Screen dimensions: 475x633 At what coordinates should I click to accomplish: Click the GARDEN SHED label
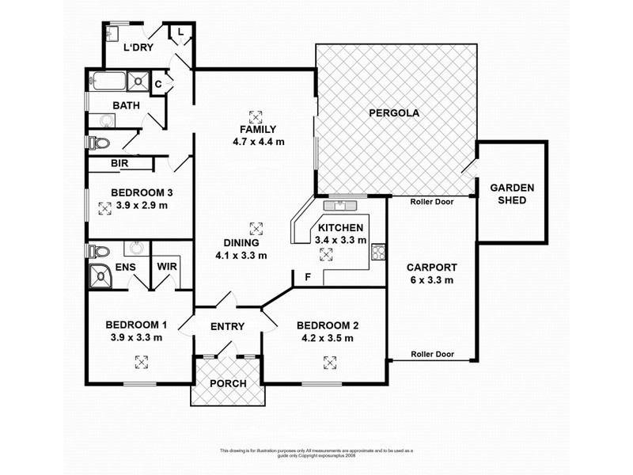[x=512, y=194]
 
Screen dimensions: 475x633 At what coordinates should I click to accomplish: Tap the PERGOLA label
[x=394, y=113]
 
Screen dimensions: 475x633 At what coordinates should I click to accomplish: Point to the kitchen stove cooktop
[x=378, y=254]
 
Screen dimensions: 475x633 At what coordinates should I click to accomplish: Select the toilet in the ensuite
[x=98, y=252]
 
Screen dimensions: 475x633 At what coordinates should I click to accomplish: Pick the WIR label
[x=167, y=267]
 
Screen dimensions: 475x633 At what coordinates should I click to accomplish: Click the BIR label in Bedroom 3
[x=120, y=164]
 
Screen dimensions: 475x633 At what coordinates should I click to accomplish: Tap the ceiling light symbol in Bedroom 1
[x=141, y=362]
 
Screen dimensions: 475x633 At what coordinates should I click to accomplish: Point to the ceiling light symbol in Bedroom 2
[x=328, y=362]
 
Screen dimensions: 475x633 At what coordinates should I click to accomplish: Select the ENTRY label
[x=227, y=327]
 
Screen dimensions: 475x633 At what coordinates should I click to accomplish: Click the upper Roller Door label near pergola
[x=431, y=202]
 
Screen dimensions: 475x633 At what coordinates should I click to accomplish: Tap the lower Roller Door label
[x=431, y=355]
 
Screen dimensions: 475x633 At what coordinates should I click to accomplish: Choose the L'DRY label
[x=138, y=47]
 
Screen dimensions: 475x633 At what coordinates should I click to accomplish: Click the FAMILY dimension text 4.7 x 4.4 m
[x=258, y=142]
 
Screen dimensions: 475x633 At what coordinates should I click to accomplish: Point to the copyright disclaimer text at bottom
[x=316, y=453]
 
